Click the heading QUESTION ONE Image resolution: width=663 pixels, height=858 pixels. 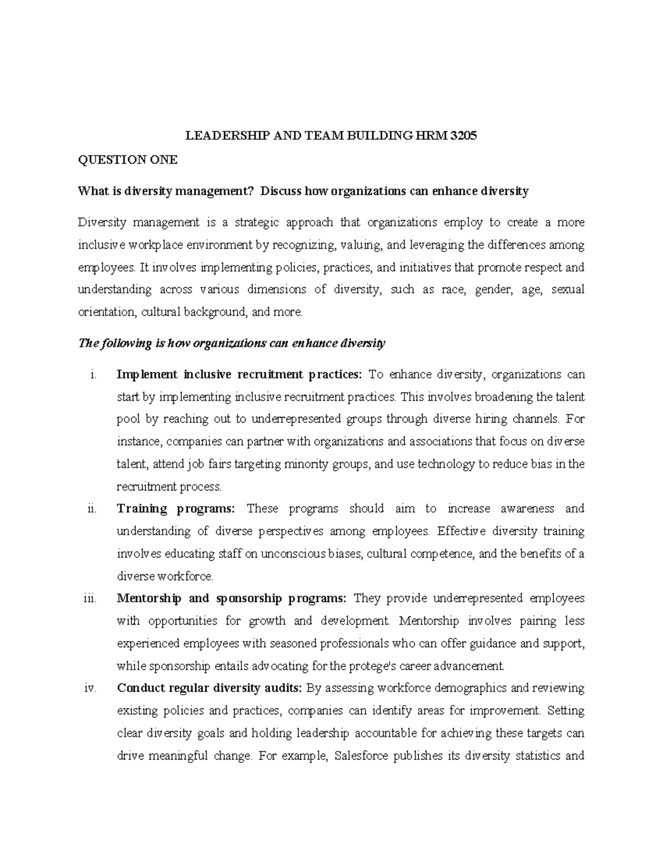[x=128, y=160]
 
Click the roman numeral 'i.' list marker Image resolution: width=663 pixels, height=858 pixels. [x=93, y=375]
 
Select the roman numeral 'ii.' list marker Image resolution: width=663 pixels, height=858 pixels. [x=92, y=509]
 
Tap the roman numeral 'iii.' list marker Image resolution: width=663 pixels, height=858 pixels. [x=91, y=598]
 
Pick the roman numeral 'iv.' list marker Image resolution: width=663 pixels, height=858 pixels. [x=91, y=688]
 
